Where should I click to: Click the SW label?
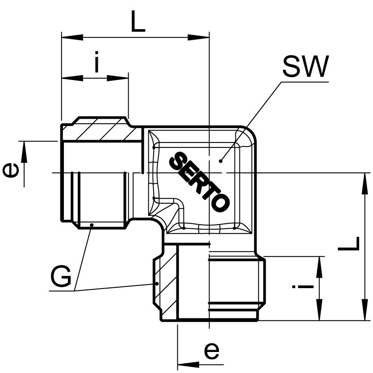click(306, 67)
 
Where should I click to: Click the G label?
click(61, 277)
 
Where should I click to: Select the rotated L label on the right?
click(348, 243)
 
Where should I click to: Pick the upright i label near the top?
click(96, 62)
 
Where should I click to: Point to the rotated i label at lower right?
click(303, 286)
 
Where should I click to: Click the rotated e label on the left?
click(11, 171)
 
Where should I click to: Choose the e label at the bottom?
click(211, 350)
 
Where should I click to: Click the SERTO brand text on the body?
click(199, 182)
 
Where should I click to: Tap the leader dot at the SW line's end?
click(221, 161)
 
